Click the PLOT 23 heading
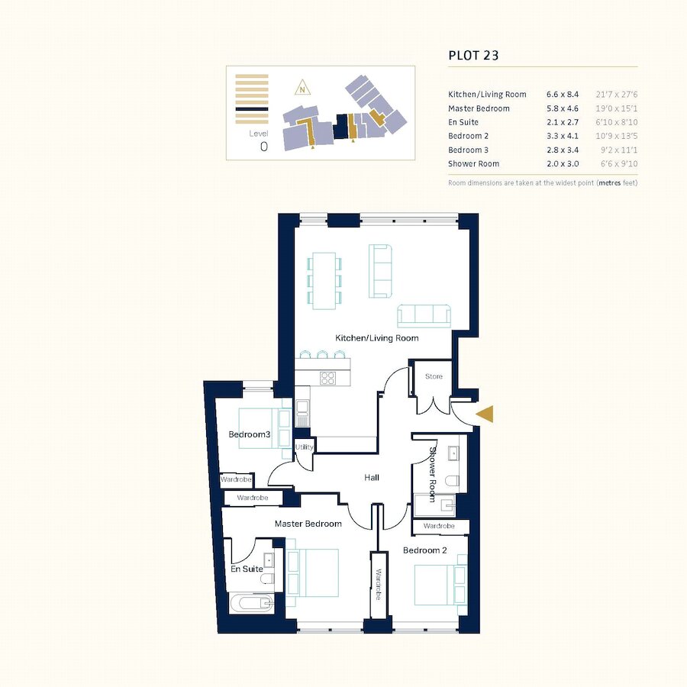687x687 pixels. [x=473, y=55]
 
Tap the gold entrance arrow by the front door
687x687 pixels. [x=485, y=414]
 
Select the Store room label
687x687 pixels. [x=434, y=376]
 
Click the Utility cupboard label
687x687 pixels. [x=304, y=447]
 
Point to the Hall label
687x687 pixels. [x=372, y=477]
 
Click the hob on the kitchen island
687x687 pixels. [x=327, y=378]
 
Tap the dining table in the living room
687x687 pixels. [x=324, y=281]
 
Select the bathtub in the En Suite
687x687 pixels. [x=252, y=604]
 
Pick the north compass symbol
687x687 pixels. [x=302, y=88]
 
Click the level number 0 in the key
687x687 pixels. [x=264, y=147]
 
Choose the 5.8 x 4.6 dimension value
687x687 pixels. [x=563, y=108]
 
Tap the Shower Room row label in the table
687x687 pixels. [x=473, y=163]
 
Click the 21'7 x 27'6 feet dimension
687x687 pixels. [x=617, y=94]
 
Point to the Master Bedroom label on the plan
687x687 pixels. [x=308, y=524]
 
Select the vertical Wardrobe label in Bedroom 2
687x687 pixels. [x=379, y=585]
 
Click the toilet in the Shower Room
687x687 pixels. [x=452, y=481]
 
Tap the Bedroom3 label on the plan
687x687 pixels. [x=250, y=434]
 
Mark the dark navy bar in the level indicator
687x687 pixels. [x=252, y=109]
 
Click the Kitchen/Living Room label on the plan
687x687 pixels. [x=377, y=338]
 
